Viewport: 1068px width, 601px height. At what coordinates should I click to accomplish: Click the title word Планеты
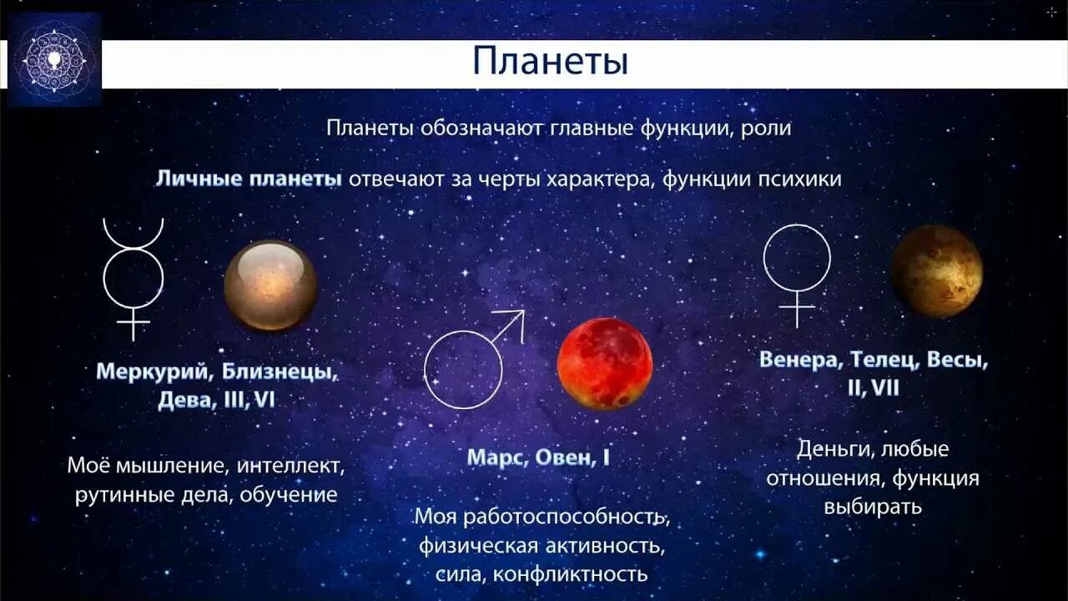click(550, 63)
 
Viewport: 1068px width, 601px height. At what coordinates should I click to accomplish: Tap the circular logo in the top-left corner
click(55, 60)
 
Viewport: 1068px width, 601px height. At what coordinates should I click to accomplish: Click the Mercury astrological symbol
click(133, 279)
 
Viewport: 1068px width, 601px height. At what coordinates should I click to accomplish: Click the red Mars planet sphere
click(604, 363)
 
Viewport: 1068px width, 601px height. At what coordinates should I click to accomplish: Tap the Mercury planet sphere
click(270, 285)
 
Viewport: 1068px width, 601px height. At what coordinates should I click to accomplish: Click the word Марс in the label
click(493, 457)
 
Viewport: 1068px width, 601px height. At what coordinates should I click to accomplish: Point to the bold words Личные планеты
click(249, 179)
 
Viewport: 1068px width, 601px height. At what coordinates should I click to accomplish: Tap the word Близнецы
click(275, 371)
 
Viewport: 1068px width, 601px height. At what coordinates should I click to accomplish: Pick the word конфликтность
click(570, 574)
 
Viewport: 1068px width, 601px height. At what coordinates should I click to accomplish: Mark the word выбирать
click(873, 507)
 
